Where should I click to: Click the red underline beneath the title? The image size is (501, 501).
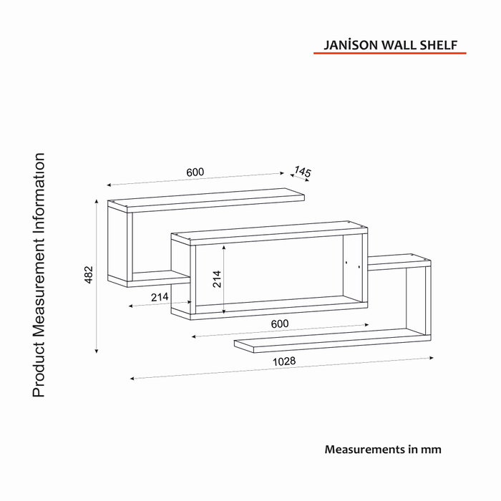click(x=390, y=53)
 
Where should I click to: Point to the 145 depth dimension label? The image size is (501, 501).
click(x=302, y=172)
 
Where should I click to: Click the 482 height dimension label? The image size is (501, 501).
click(x=89, y=274)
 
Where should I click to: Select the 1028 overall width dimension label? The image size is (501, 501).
click(x=284, y=361)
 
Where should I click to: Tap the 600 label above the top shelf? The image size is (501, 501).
click(x=195, y=172)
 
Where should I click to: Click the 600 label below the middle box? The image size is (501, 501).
click(x=280, y=324)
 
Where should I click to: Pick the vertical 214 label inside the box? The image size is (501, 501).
click(x=217, y=279)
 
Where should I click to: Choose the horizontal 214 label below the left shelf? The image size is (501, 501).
click(x=160, y=297)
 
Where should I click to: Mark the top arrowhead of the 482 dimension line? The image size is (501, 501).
click(x=97, y=201)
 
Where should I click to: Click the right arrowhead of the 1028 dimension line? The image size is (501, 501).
click(x=432, y=358)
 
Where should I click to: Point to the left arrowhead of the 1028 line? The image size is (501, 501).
click(x=132, y=379)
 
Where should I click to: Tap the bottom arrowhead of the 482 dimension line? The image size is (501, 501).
click(x=97, y=351)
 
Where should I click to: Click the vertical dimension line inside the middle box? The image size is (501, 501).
click(x=224, y=279)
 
